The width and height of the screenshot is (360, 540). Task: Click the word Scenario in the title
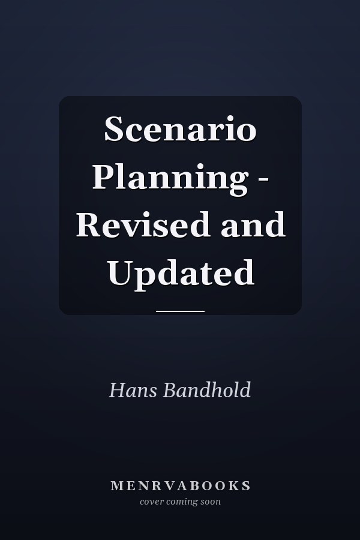tap(180, 129)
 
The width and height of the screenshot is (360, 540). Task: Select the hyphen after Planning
tap(263, 180)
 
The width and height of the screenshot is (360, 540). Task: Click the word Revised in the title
tap(143, 224)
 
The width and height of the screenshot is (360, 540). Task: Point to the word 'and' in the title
tap(253, 224)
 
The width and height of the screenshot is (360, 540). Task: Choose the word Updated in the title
tap(181, 274)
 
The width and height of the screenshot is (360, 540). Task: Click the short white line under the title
tap(180, 311)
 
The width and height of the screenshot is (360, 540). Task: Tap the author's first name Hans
tap(133, 390)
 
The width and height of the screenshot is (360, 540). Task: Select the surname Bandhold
tap(206, 390)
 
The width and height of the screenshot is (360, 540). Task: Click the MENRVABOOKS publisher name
tap(181, 485)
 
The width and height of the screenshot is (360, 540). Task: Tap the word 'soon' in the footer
tap(211, 502)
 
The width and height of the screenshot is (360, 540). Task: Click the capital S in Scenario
tap(113, 129)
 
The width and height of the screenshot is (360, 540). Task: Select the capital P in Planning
tap(103, 176)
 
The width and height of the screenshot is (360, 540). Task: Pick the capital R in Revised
tap(89, 225)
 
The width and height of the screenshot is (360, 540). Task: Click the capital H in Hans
tap(117, 390)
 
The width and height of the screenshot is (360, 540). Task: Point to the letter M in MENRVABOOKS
tap(117, 486)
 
